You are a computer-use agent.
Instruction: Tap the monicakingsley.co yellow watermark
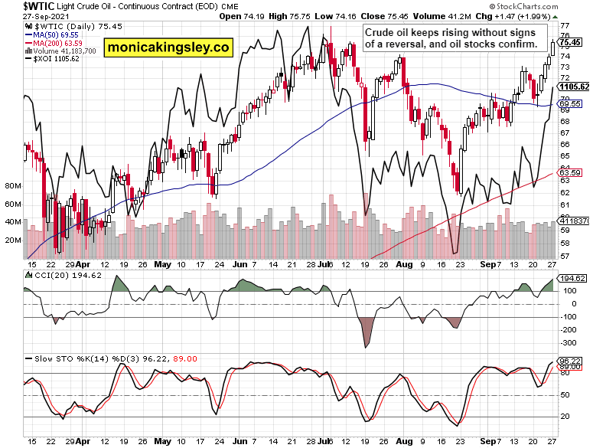pyautogui.click(x=168, y=47)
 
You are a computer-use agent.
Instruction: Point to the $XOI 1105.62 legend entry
pyautogui.click(x=54, y=58)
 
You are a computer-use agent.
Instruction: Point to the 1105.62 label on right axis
pyautogui.click(x=574, y=87)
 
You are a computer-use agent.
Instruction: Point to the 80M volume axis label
pyautogui.click(x=12, y=186)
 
